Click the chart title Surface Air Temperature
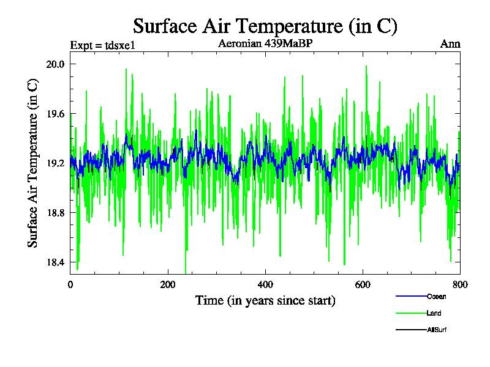tap(265, 26)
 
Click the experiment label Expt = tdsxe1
tap(102, 45)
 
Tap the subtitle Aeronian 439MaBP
tap(266, 44)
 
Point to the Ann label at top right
tap(450, 44)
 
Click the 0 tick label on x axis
tap(70, 284)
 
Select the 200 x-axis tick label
tap(168, 284)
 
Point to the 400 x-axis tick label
tap(265, 284)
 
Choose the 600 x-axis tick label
tap(363, 284)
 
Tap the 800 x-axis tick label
tap(460, 284)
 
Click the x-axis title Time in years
tap(265, 301)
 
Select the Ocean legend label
tap(436, 297)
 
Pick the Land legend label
tap(434, 313)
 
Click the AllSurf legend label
tap(437, 330)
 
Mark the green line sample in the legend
tap(410, 313)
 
